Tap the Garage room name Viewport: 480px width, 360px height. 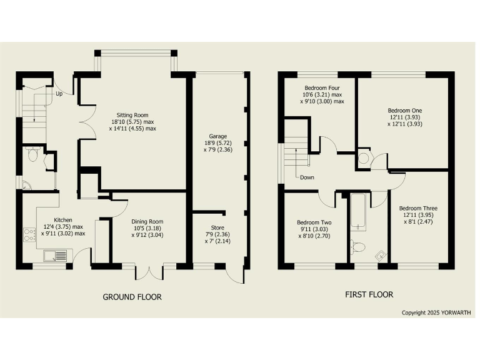tap(218, 136)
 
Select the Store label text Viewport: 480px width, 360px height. tap(218, 227)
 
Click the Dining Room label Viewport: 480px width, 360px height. tap(147, 221)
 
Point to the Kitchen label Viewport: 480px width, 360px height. tap(63, 220)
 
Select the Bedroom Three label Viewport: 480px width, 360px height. tap(418, 208)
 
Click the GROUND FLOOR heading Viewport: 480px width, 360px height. tap(132, 297)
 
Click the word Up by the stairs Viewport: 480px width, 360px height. tap(59, 94)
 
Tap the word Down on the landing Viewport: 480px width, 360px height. tap(306, 177)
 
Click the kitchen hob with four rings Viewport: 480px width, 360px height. tap(29, 235)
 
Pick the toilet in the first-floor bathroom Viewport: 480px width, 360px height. tap(357, 246)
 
